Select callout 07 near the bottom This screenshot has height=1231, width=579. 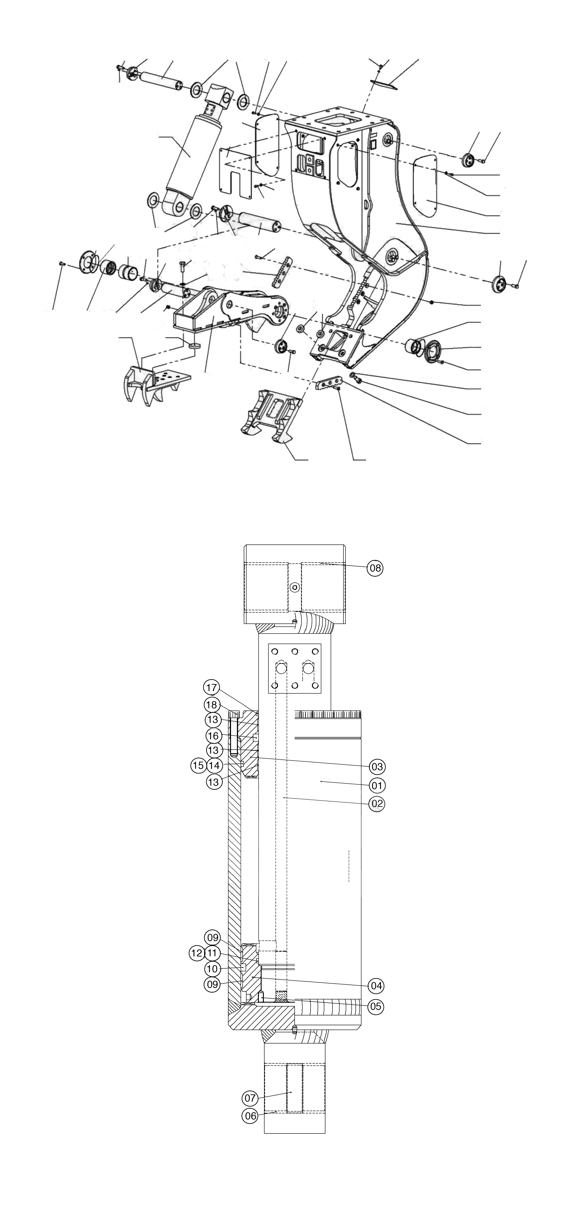coord(250,1098)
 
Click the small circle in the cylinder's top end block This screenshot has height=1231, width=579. coord(296,586)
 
